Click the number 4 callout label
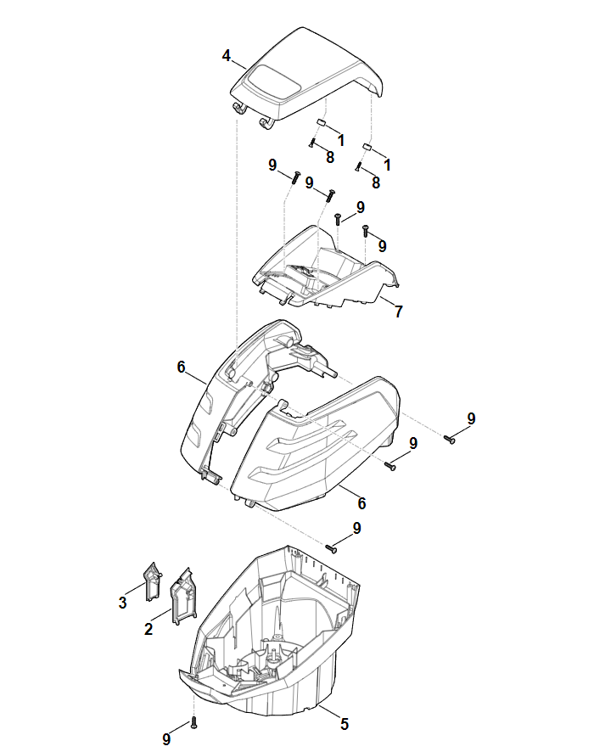(227, 56)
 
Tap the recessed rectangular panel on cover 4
(272, 82)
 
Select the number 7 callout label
(398, 311)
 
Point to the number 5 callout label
(345, 724)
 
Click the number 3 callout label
(123, 603)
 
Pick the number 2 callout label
(148, 629)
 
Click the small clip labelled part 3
(153, 581)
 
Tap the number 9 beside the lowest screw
(166, 739)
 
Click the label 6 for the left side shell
(181, 367)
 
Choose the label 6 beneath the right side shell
(361, 503)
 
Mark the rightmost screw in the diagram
(449, 439)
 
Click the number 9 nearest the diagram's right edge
(471, 418)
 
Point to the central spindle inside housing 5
(274, 657)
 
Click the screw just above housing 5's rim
(332, 548)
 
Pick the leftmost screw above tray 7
(295, 177)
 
